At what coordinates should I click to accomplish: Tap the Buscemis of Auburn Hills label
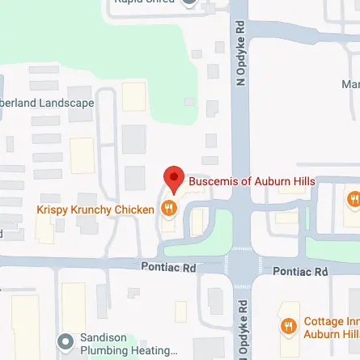(x=252, y=181)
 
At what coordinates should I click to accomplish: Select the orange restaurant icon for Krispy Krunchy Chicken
(x=169, y=208)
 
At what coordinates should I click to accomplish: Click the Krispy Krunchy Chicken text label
(x=95, y=210)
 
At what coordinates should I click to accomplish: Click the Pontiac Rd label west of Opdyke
(x=168, y=266)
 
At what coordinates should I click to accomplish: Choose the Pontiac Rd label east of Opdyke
(x=300, y=271)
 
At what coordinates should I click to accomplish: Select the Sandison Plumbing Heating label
(x=128, y=344)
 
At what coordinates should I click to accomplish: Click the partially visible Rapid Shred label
(x=146, y=2)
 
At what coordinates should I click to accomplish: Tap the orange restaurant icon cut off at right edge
(x=354, y=198)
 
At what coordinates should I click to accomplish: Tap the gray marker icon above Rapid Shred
(x=190, y=2)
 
